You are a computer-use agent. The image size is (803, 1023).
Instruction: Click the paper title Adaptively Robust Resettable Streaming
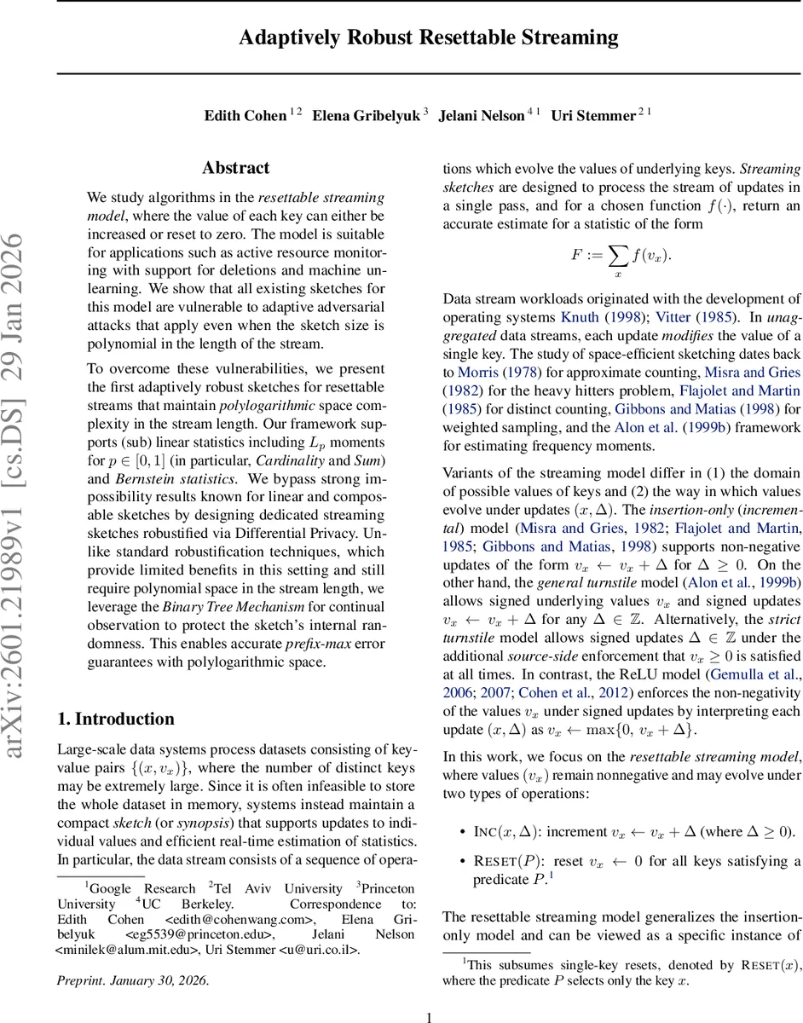[429, 38]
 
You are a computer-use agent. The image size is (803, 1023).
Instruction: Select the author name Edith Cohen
[244, 116]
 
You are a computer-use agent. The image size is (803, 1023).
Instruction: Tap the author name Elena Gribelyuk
[365, 116]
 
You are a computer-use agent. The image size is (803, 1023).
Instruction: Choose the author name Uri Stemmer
[592, 116]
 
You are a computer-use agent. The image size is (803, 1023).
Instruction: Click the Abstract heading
[236, 168]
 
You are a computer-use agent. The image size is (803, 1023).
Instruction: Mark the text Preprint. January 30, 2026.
[132, 980]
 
